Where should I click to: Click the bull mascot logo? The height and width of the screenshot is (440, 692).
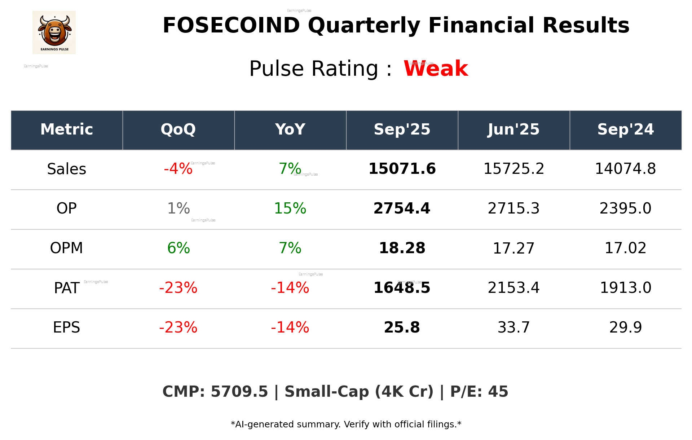[x=54, y=32]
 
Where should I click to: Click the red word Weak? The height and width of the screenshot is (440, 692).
[x=436, y=69]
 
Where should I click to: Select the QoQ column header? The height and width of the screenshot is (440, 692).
[x=178, y=129]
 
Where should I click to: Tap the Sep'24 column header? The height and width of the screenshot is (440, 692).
[x=625, y=129]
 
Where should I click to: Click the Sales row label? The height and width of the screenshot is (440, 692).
[x=67, y=169]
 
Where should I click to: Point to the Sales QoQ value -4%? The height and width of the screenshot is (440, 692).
[x=178, y=169]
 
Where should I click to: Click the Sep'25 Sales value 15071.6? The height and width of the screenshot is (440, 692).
[x=402, y=169]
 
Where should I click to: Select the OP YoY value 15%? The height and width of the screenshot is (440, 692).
[x=290, y=209]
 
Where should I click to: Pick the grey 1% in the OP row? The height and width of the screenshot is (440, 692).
[x=178, y=209]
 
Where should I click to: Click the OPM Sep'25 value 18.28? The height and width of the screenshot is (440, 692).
[x=402, y=248]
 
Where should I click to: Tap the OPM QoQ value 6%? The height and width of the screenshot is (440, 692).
[x=178, y=248]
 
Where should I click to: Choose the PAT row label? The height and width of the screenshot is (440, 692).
[x=67, y=288]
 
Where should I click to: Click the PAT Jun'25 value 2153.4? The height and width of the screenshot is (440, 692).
[x=514, y=288]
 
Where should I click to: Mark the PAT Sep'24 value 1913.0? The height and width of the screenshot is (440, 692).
[x=625, y=288]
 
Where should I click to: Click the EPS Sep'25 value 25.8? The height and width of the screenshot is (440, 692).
[x=402, y=328]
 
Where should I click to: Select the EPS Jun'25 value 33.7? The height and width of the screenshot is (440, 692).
[x=514, y=328]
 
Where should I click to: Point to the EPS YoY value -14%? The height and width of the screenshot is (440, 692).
[x=290, y=328]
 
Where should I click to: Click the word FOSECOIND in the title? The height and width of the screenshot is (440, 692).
[x=231, y=26]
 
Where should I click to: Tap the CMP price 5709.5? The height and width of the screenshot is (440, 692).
[x=239, y=392]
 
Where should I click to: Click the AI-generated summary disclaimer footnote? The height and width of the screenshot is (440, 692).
[x=346, y=424]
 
